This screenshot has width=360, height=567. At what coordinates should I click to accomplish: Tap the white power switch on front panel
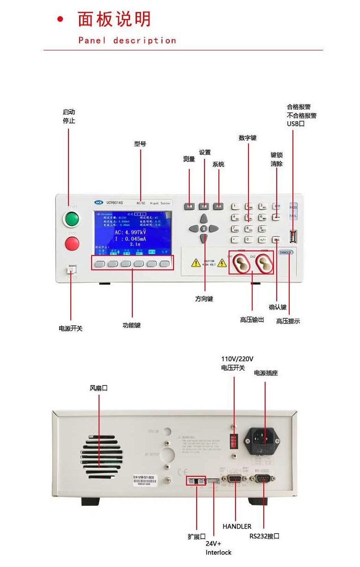[x=72, y=270]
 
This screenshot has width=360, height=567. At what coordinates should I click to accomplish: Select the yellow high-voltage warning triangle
[x=196, y=263]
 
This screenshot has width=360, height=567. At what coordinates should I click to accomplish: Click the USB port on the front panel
[x=293, y=237]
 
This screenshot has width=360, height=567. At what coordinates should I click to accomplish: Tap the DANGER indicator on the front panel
[x=286, y=253]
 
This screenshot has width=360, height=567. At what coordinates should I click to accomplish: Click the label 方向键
[x=204, y=299]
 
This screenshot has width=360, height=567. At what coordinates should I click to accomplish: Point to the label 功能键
[x=131, y=325]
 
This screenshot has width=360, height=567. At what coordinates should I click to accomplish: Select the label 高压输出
[x=252, y=320]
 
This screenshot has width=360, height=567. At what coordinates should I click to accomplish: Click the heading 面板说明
[x=114, y=20]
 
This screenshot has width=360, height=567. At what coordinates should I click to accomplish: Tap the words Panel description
[x=127, y=41]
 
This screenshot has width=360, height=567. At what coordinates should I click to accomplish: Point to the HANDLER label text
[x=237, y=526]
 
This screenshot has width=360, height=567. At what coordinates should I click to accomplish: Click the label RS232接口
[x=264, y=536]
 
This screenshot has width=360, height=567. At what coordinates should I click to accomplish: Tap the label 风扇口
[x=99, y=388]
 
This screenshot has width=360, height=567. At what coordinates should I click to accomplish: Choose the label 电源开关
[x=70, y=329]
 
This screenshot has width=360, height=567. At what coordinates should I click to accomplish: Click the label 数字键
[x=248, y=138]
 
